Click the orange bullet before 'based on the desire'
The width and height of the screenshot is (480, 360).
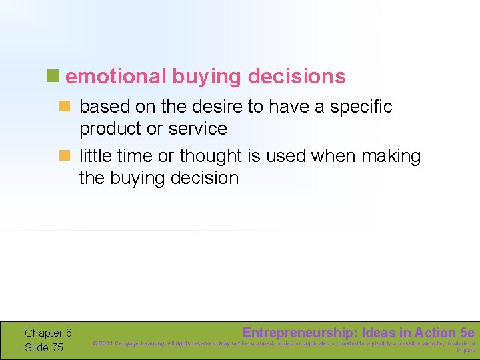click(x=65, y=106)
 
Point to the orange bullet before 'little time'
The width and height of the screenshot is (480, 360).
click(x=65, y=156)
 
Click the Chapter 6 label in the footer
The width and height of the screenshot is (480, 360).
click(x=48, y=333)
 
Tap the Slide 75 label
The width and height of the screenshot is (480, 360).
click(x=44, y=347)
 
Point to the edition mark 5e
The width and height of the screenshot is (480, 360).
click(x=467, y=333)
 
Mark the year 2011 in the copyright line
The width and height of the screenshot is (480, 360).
click(x=105, y=344)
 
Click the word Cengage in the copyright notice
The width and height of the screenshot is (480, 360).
click(x=129, y=344)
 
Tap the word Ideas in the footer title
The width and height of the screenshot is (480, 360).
click(x=379, y=333)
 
